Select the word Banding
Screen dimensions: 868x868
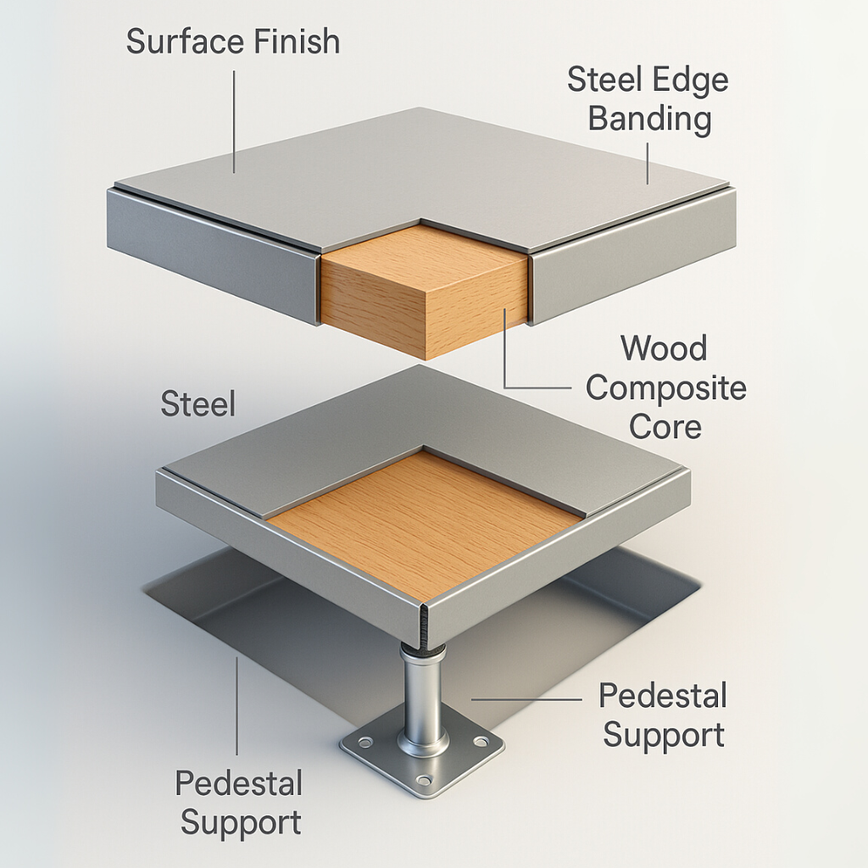point(649,119)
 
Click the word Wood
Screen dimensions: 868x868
point(664,348)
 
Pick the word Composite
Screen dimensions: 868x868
point(666,388)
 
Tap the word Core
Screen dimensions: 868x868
point(666,426)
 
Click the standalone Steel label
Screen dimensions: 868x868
point(198,404)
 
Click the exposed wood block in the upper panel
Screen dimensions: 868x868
point(424,292)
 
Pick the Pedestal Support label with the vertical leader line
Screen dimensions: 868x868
point(239,803)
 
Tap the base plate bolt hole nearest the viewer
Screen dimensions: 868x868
point(425,779)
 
